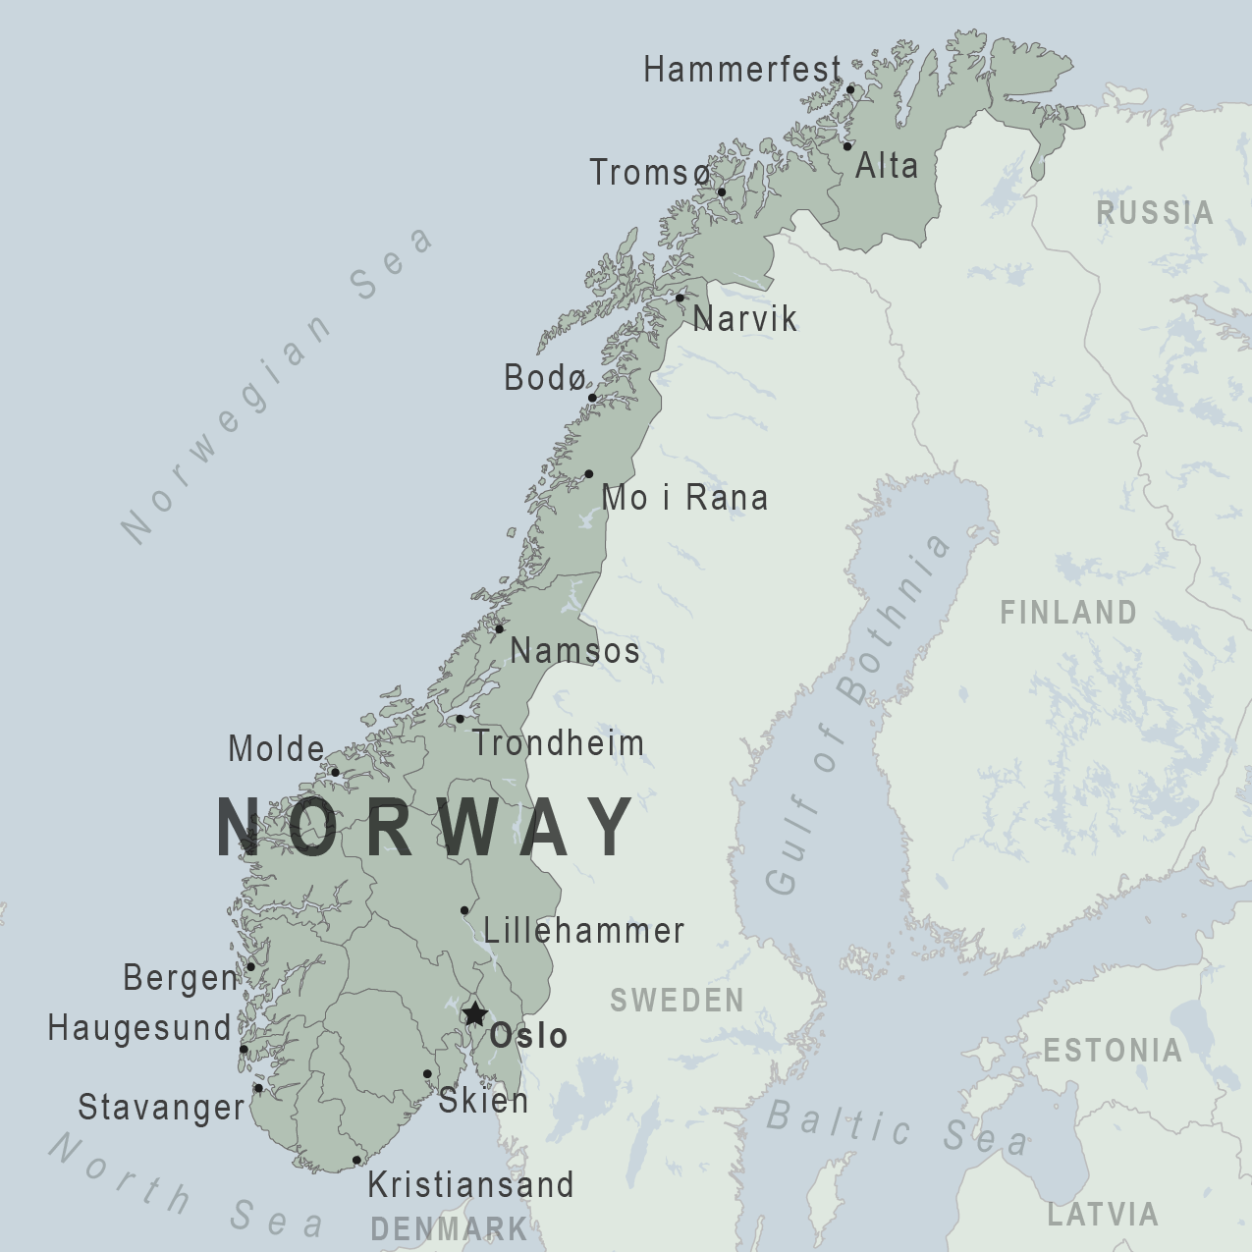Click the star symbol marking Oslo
click(x=475, y=1014)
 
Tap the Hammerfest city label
click(x=742, y=70)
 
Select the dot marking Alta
click(x=847, y=146)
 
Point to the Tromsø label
click(x=649, y=173)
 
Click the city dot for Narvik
click(x=680, y=298)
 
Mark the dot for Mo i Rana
click(x=589, y=474)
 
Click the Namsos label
click(x=575, y=650)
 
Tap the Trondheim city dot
click(x=460, y=719)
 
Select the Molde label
click(x=276, y=749)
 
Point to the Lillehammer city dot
click(x=464, y=910)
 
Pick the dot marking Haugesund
click(x=244, y=1049)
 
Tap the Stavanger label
click(x=161, y=1108)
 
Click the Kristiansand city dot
click(x=356, y=1161)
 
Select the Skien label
click(x=483, y=1101)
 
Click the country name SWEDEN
click(x=677, y=1001)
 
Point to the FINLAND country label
click(x=1068, y=613)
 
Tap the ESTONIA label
click(x=1112, y=1051)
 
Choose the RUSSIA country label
click(x=1155, y=212)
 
